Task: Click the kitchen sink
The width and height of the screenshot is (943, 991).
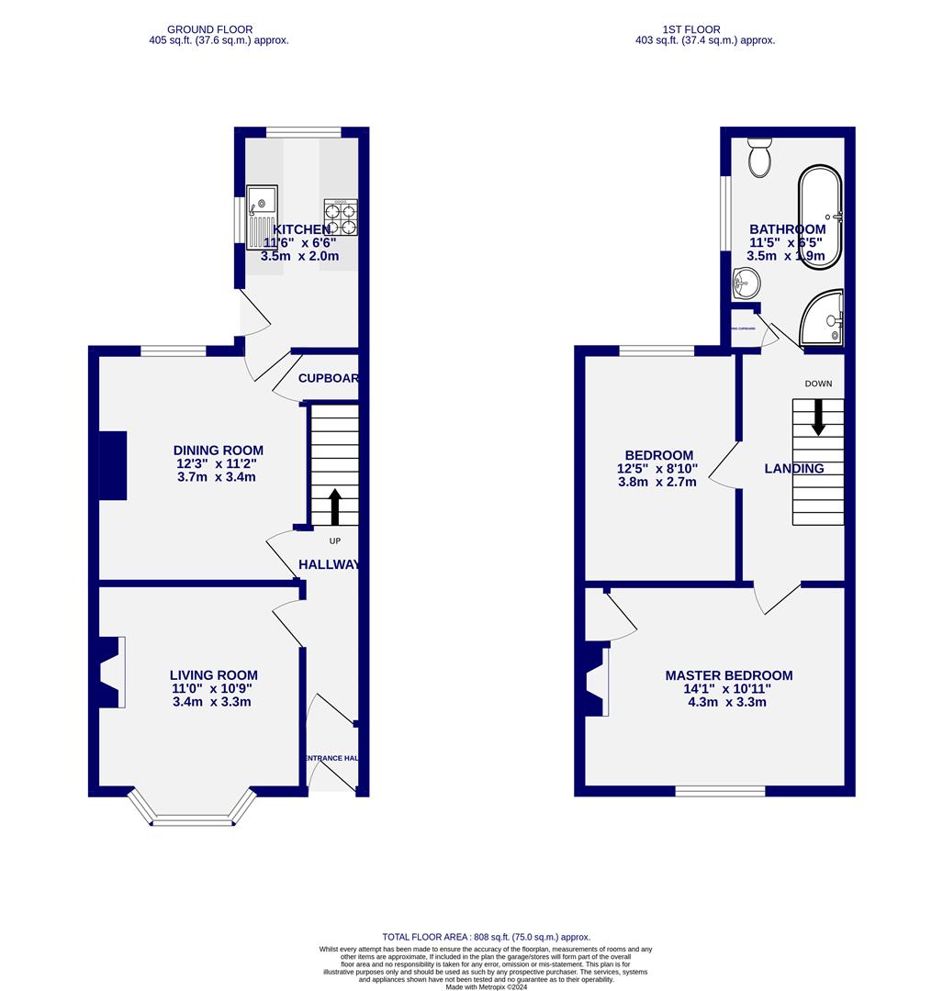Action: coord(262,217)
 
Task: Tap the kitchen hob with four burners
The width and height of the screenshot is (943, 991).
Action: coord(340,217)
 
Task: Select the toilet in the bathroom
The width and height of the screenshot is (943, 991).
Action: coord(759,159)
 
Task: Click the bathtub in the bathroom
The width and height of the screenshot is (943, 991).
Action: coord(819,217)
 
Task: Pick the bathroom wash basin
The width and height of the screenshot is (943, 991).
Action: coord(743,284)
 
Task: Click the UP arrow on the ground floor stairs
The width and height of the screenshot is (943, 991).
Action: coord(334,507)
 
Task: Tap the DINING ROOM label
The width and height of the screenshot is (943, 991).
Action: coord(219,451)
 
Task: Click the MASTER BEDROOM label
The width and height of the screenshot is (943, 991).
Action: coord(728,675)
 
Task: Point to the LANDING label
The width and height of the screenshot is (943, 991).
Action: coord(794,469)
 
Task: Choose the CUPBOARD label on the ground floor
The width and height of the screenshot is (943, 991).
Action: coord(328,378)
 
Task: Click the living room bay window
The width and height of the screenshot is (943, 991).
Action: coord(192,811)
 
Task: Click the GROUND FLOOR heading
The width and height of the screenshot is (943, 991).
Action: coord(219,29)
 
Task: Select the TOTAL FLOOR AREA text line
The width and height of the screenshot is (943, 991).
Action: coord(487,937)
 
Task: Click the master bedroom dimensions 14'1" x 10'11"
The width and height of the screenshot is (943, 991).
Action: coord(728,689)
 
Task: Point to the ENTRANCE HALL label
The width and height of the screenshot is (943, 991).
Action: coord(331,758)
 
